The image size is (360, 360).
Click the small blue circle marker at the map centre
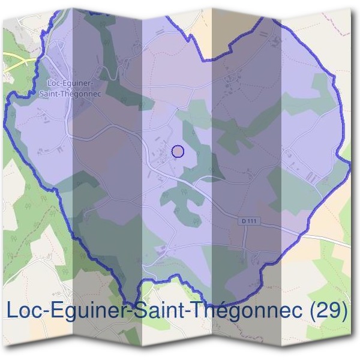[x=178, y=151]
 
